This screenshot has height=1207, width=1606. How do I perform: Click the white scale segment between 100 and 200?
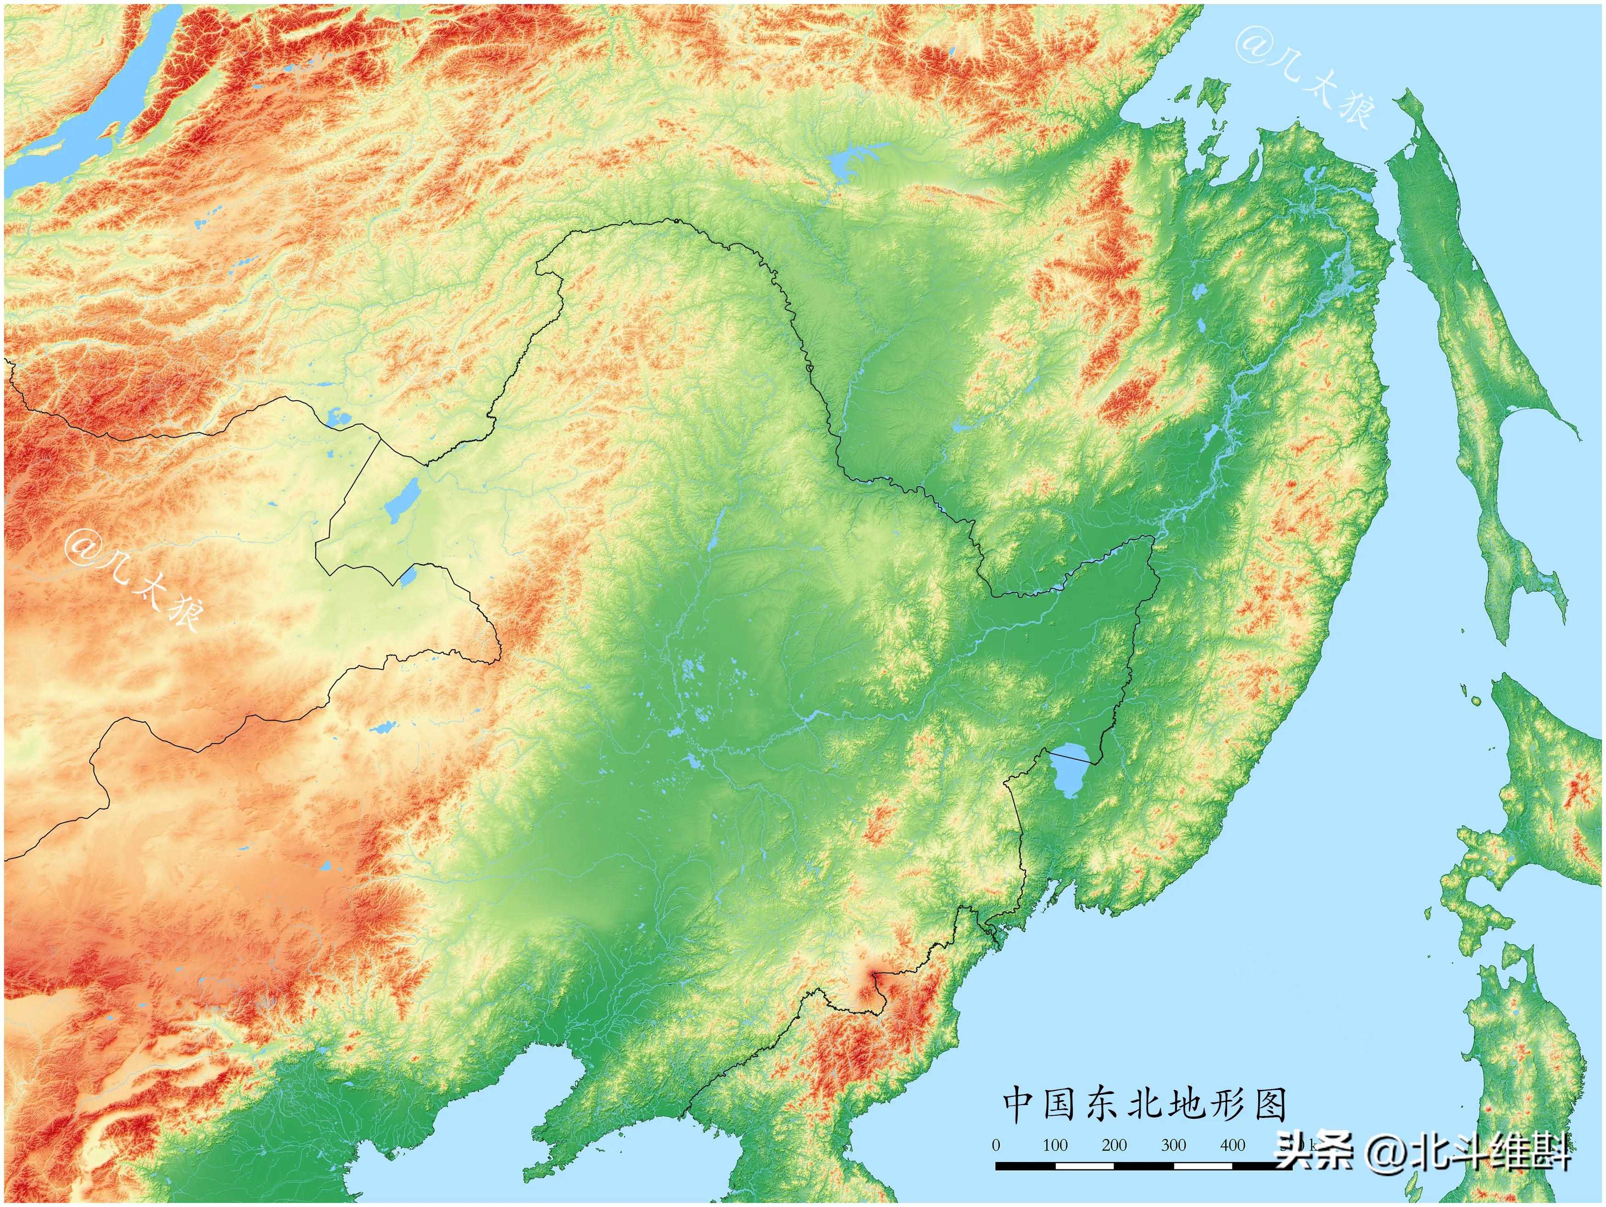tap(1085, 1166)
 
